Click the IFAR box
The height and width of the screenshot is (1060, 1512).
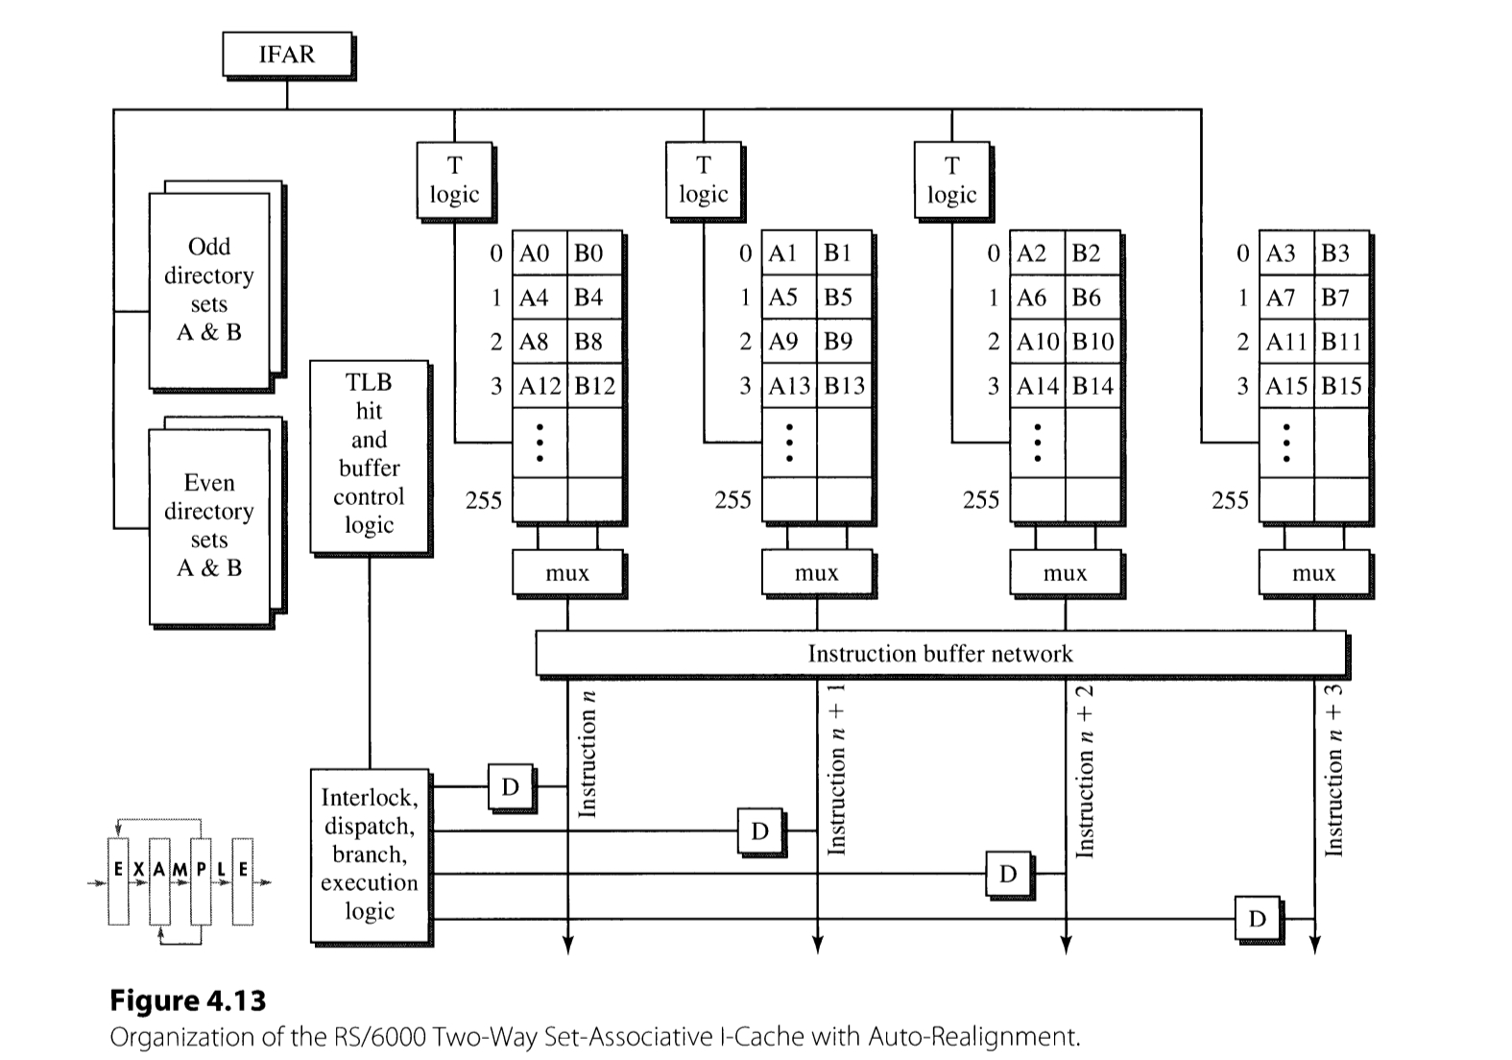pyautogui.click(x=287, y=55)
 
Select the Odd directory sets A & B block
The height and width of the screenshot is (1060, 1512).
pyautogui.click(x=210, y=290)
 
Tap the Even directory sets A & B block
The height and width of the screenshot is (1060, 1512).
pyautogui.click(x=210, y=526)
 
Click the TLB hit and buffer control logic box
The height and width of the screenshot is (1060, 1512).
pyautogui.click(x=369, y=455)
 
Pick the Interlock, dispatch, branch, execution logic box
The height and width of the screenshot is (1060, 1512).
pyautogui.click(x=370, y=855)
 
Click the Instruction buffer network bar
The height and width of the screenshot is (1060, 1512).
pyautogui.click(x=940, y=654)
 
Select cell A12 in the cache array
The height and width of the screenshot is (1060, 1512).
pyautogui.click(x=540, y=386)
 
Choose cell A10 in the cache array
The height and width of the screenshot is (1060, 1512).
pyautogui.click(x=1037, y=342)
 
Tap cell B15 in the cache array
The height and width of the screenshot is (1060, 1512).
pyautogui.click(x=1341, y=386)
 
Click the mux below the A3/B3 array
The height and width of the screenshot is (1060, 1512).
pyautogui.click(x=1313, y=573)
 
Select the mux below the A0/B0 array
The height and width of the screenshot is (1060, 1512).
pyautogui.click(x=567, y=573)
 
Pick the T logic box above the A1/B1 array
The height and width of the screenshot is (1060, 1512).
pyautogui.click(x=704, y=181)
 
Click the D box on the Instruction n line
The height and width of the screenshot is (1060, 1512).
pyautogui.click(x=510, y=787)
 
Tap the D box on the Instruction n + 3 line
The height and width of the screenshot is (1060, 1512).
pyautogui.click(x=1257, y=919)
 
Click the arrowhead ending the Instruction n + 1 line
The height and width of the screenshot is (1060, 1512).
pyautogui.click(x=817, y=946)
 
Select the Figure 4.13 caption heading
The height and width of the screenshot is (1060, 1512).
pyautogui.click(x=188, y=1000)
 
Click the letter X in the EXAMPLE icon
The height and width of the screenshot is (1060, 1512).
pyautogui.click(x=138, y=869)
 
